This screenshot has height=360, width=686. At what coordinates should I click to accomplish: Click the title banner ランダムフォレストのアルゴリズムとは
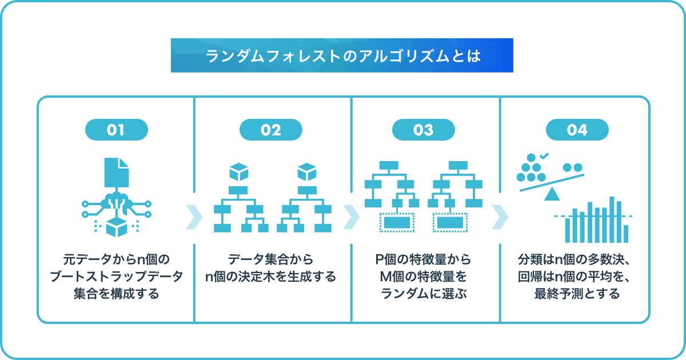click(342, 55)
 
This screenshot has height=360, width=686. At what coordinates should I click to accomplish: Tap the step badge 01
click(117, 130)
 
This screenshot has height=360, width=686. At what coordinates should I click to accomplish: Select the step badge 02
click(271, 130)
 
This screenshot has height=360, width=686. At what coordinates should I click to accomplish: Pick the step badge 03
click(424, 130)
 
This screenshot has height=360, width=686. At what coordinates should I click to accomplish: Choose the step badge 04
click(577, 130)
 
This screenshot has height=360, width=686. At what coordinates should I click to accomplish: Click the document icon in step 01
click(117, 173)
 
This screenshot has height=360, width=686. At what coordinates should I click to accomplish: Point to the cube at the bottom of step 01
click(117, 227)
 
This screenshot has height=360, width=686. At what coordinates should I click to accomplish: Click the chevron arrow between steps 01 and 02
click(194, 217)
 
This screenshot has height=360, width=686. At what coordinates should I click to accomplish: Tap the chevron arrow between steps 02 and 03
click(351, 217)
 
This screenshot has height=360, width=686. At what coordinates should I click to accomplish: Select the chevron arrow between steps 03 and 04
click(500, 217)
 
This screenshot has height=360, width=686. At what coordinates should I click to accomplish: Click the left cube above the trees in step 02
click(239, 172)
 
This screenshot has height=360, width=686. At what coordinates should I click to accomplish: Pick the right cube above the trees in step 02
click(307, 172)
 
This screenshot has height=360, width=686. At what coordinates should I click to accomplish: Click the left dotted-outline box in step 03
click(397, 222)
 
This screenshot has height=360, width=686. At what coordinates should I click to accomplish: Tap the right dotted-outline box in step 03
click(450, 222)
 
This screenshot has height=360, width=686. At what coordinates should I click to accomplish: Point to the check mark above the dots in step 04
click(544, 156)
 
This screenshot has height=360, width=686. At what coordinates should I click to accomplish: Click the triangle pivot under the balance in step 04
click(552, 194)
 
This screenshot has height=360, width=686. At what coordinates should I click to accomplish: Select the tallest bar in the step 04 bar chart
click(612, 219)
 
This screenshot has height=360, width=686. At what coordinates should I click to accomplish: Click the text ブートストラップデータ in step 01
click(117, 277)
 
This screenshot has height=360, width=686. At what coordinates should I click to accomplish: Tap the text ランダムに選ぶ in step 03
click(424, 294)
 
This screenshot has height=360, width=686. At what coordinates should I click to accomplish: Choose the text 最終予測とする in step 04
click(577, 294)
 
